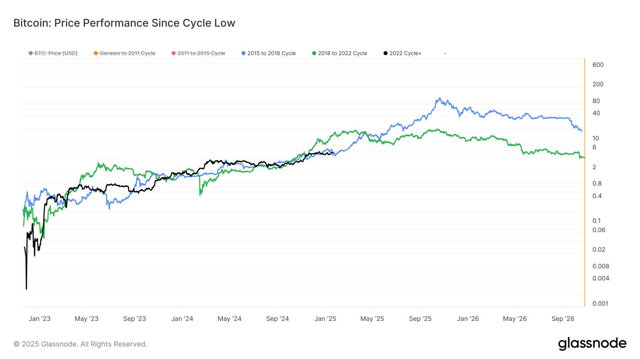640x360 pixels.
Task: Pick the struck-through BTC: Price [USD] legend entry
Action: point(53,53)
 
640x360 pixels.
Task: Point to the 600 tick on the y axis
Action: point(598,65)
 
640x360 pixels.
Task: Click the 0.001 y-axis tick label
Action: point(600,303)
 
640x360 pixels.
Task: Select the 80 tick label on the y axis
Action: point(596,101)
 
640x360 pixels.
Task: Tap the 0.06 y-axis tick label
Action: point(599,230)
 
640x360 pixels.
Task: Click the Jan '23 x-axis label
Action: point(39,319)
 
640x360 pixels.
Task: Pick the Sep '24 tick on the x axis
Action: point(277,319)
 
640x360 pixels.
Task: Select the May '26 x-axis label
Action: point(514,319)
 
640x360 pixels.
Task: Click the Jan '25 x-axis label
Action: point(325,319)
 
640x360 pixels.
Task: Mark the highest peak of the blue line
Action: point(440,98)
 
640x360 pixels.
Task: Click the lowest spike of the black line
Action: point(26,289)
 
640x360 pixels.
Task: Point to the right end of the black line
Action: point(333,153)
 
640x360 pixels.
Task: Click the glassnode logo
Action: point(592,344)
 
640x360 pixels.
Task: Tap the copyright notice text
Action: point(80,344)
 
